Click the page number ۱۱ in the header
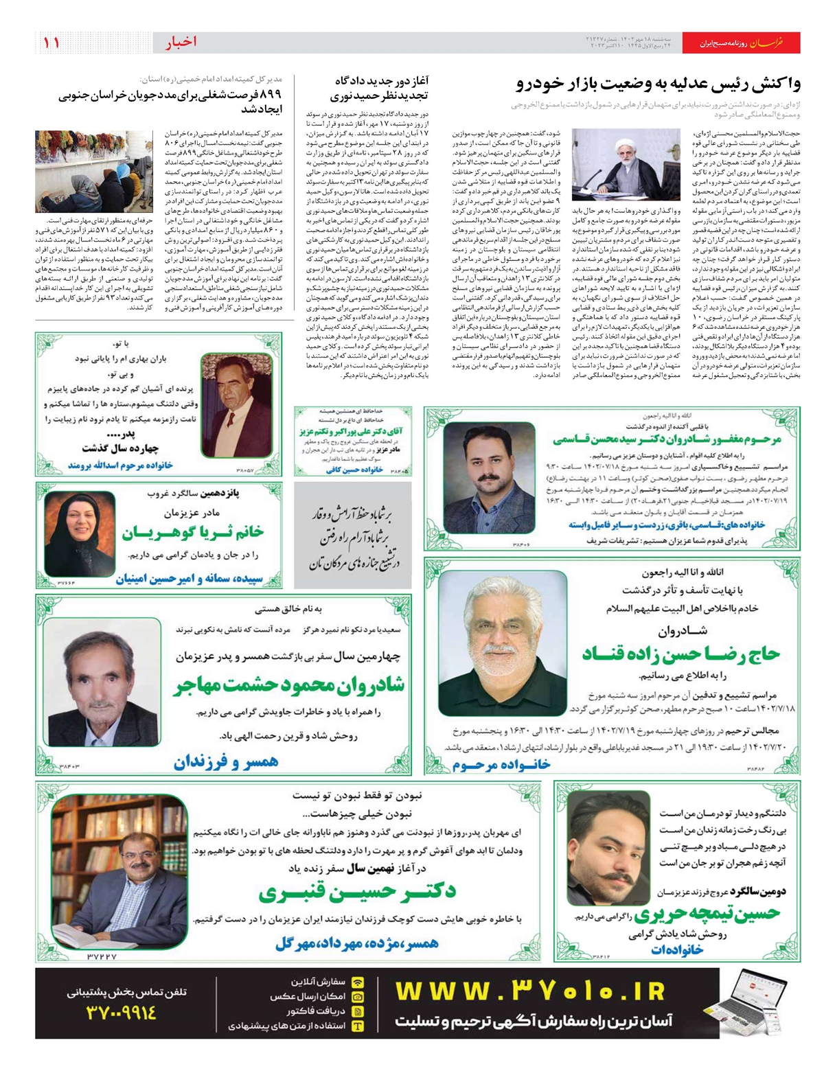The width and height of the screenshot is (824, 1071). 51,43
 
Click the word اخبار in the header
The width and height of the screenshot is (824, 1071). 181,43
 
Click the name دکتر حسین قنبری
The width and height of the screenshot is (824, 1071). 357,892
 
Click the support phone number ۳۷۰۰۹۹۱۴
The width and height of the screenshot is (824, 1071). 122,1013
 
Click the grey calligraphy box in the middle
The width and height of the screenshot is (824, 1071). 353,535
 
